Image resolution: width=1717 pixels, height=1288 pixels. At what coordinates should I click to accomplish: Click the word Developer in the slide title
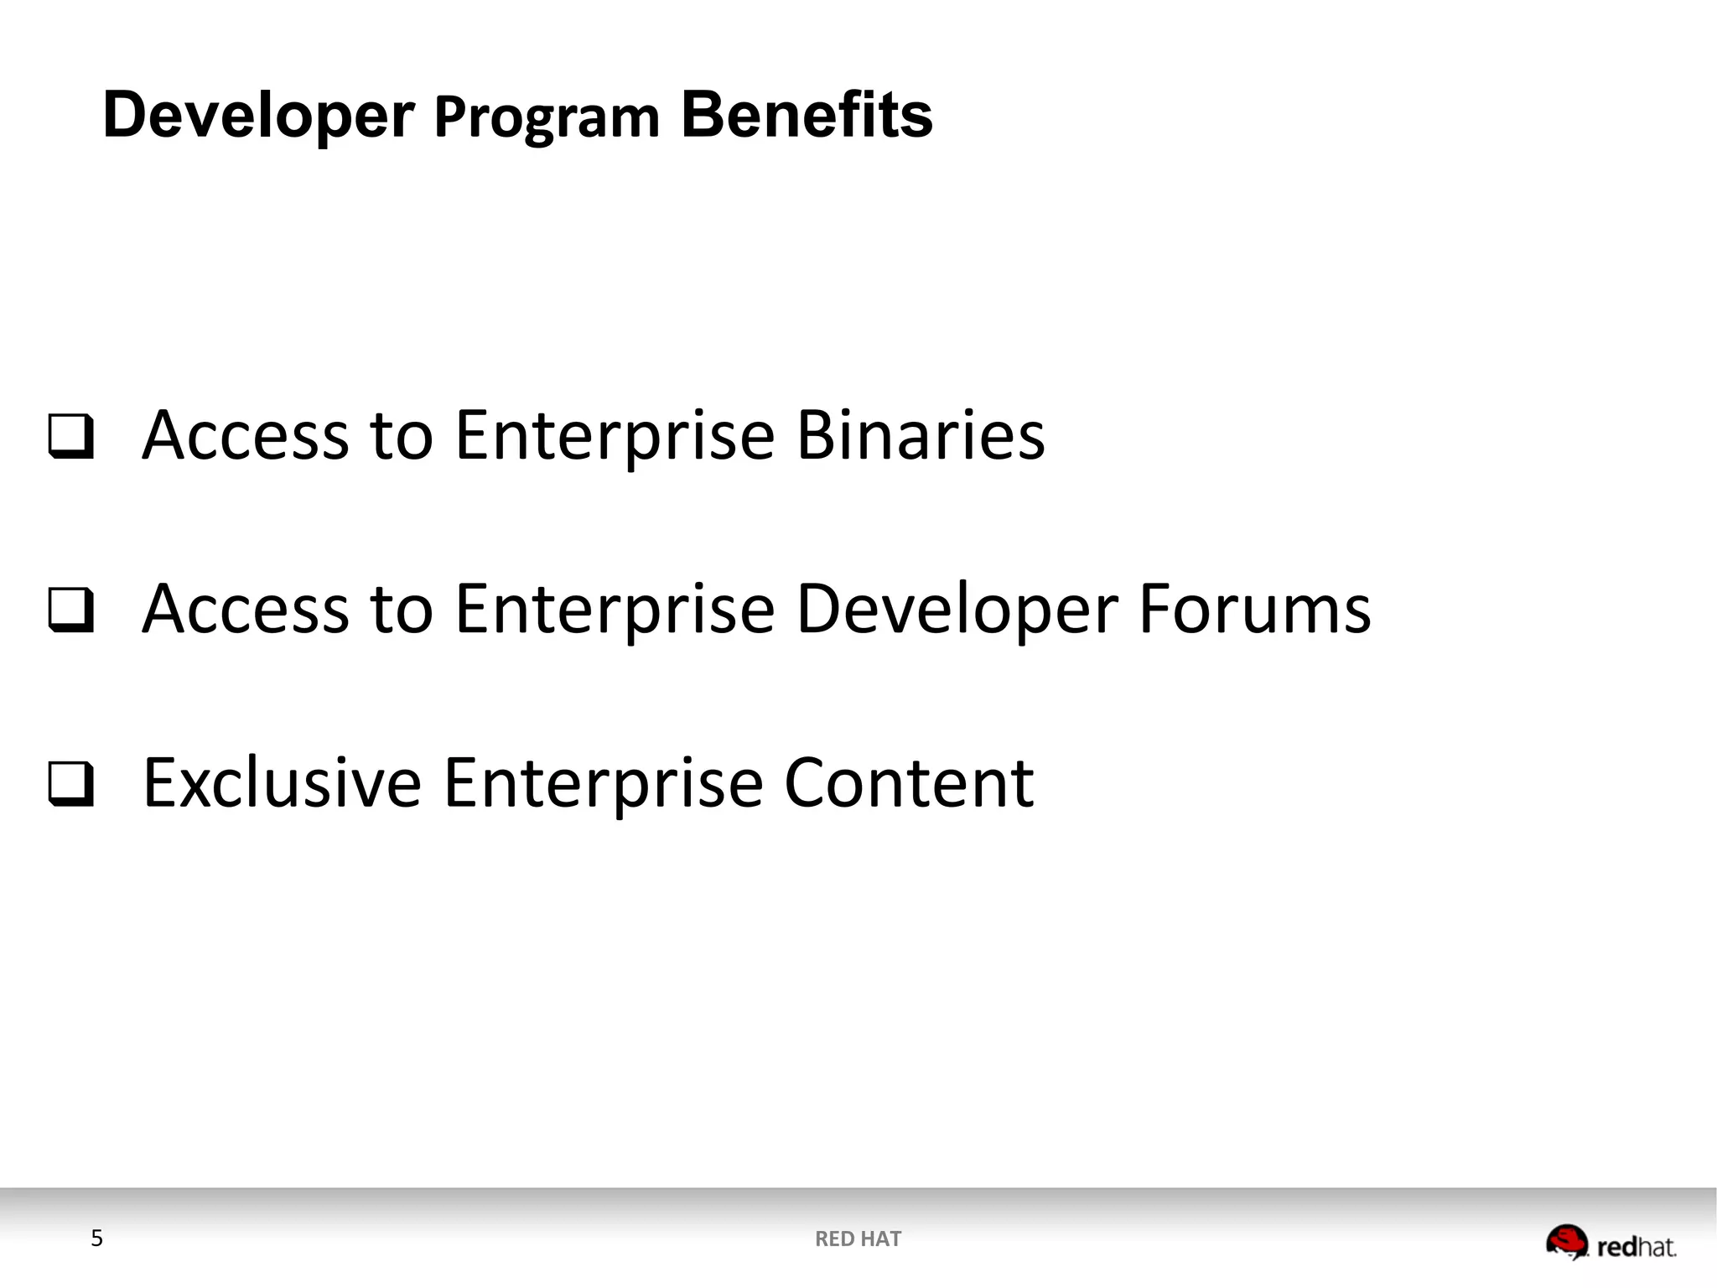tap(258, 116)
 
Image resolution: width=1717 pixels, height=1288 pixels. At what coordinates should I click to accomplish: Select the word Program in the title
tap(547, 118)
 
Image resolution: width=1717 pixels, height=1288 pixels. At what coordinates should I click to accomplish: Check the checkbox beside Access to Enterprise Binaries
tap(70, 436)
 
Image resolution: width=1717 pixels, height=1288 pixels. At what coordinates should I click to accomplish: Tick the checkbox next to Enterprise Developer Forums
tap(70, 610)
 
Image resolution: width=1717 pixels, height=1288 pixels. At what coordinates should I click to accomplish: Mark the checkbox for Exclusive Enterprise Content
tap(70, 783)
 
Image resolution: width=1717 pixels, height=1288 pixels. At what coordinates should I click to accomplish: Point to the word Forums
tap(1254, 609)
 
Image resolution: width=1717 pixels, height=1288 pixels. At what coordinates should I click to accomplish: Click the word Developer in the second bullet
tap(956, 610)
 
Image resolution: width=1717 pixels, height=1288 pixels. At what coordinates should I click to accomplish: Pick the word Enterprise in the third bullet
tap(603, 783)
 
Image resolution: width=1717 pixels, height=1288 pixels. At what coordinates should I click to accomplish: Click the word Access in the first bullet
tap(245, 436)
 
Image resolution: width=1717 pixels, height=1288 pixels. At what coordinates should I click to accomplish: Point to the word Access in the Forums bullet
tap(245, 610)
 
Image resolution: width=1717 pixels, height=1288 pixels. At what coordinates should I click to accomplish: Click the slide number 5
tap(96, 1239)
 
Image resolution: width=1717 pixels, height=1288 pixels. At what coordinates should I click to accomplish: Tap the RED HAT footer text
tap(858, 1239)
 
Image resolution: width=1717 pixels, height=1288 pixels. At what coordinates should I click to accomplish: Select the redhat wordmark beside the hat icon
tap(1636, 1248)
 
